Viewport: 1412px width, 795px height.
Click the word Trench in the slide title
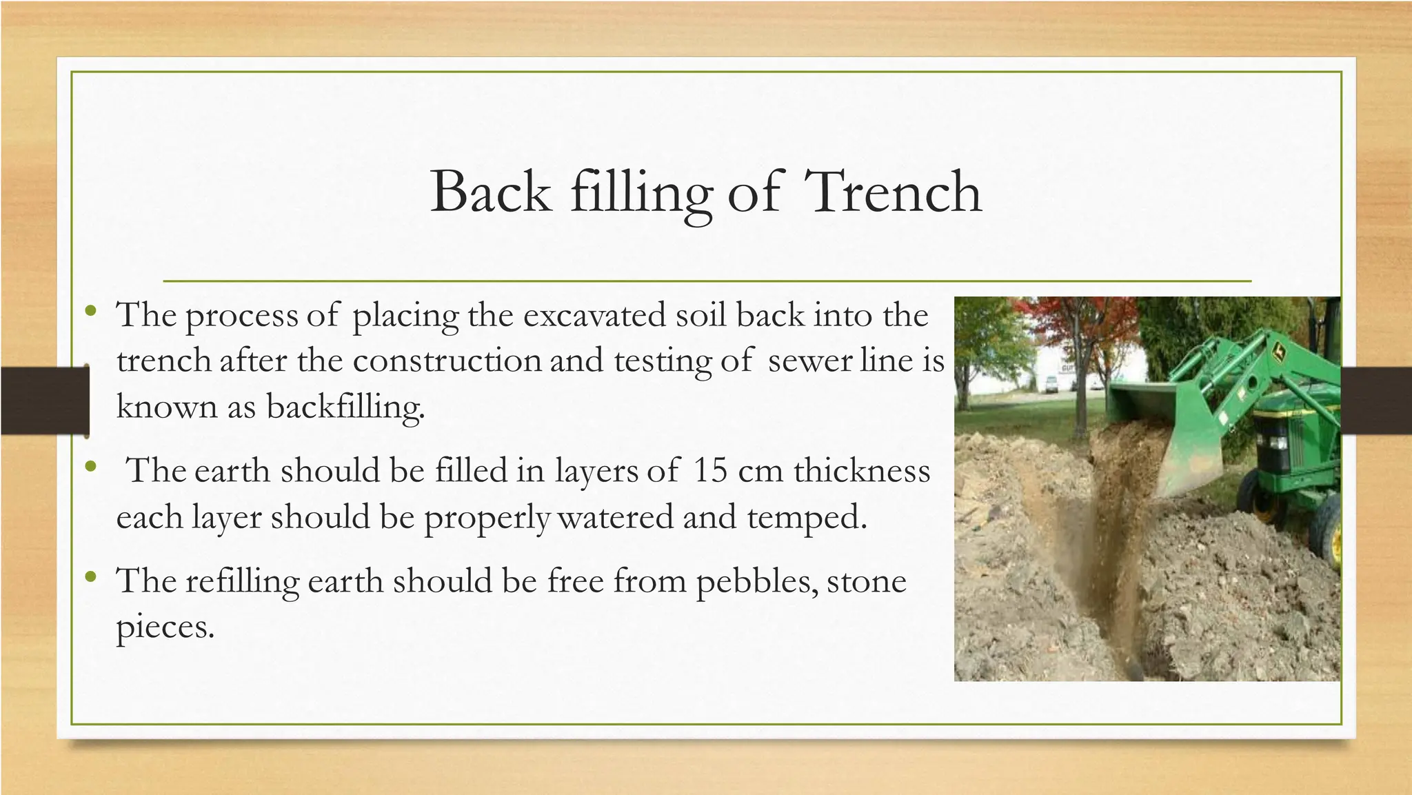(893, 192)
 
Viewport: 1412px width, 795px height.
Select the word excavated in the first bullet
(594, 316)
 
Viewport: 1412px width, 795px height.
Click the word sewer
(809, 361)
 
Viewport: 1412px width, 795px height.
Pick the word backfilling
(345, 407)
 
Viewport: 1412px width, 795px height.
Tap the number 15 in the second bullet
(710, 471)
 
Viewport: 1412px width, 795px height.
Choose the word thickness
(861, 471)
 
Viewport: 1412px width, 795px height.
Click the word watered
(615, 517)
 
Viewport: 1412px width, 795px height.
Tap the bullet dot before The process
(90, 312)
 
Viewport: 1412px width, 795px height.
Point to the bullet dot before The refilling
(90, 576)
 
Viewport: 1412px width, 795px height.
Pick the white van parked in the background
(1049, 384)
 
